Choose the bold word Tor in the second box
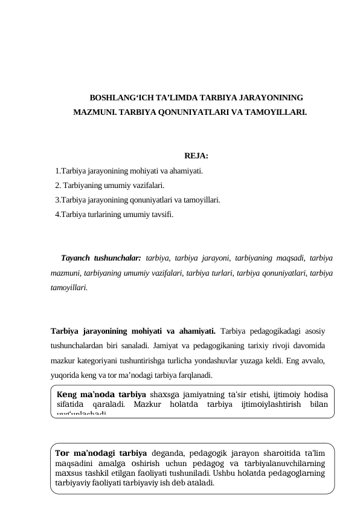pyautogui.click(x=61, y=453)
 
